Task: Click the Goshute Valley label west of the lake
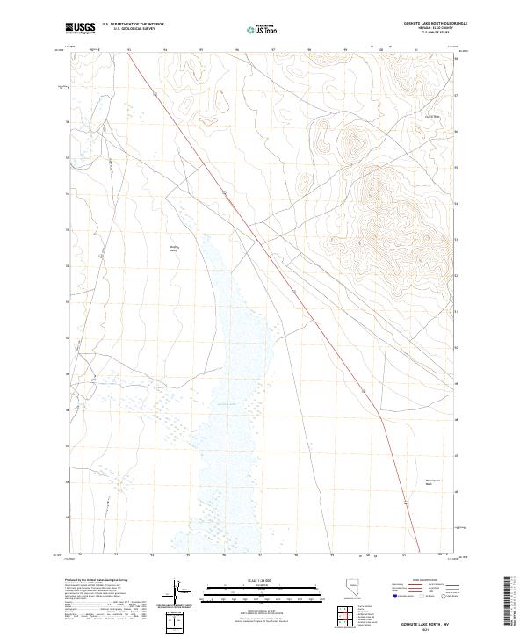[x=174, y=249]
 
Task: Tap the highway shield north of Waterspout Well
[x=405, y=502]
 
